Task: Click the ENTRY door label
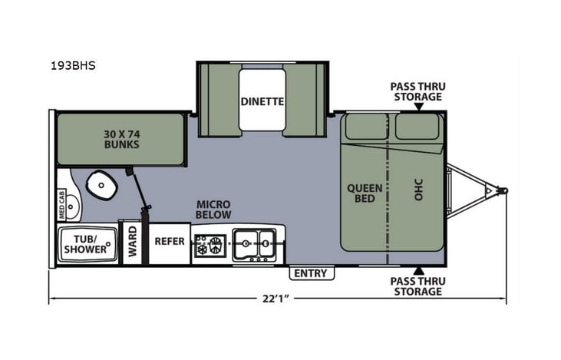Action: [x=310, y=273]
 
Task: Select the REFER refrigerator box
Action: [x=170, y=241]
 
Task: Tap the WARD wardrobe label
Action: [x=132, y=243]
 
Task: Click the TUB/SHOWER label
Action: [x=85, y=243]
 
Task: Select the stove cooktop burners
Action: [x=210, y=245]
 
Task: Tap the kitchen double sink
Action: [x=254, y=243]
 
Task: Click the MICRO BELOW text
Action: [x=213, y=210]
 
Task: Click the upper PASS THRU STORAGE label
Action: [x=417, y=91]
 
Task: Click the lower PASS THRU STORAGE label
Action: [x=417, y=286]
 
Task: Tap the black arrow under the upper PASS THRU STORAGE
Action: [x=418, y=107]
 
